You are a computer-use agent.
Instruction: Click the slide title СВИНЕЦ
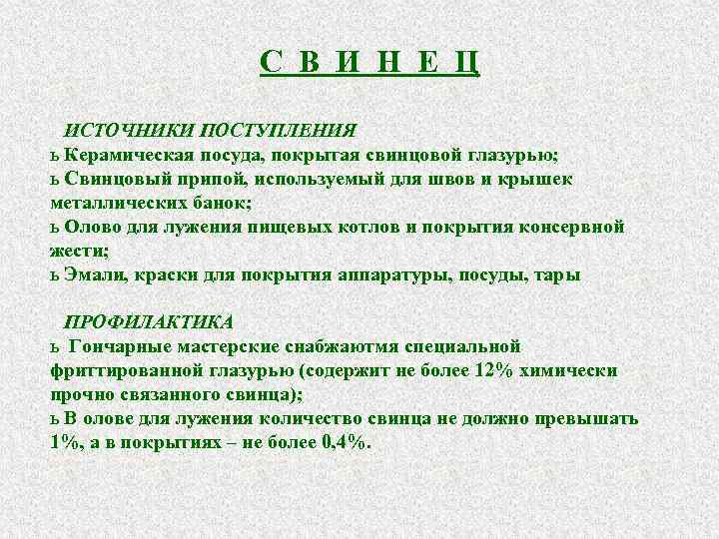(x=370, y=63)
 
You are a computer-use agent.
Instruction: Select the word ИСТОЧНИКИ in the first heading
(x=129, y=131)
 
